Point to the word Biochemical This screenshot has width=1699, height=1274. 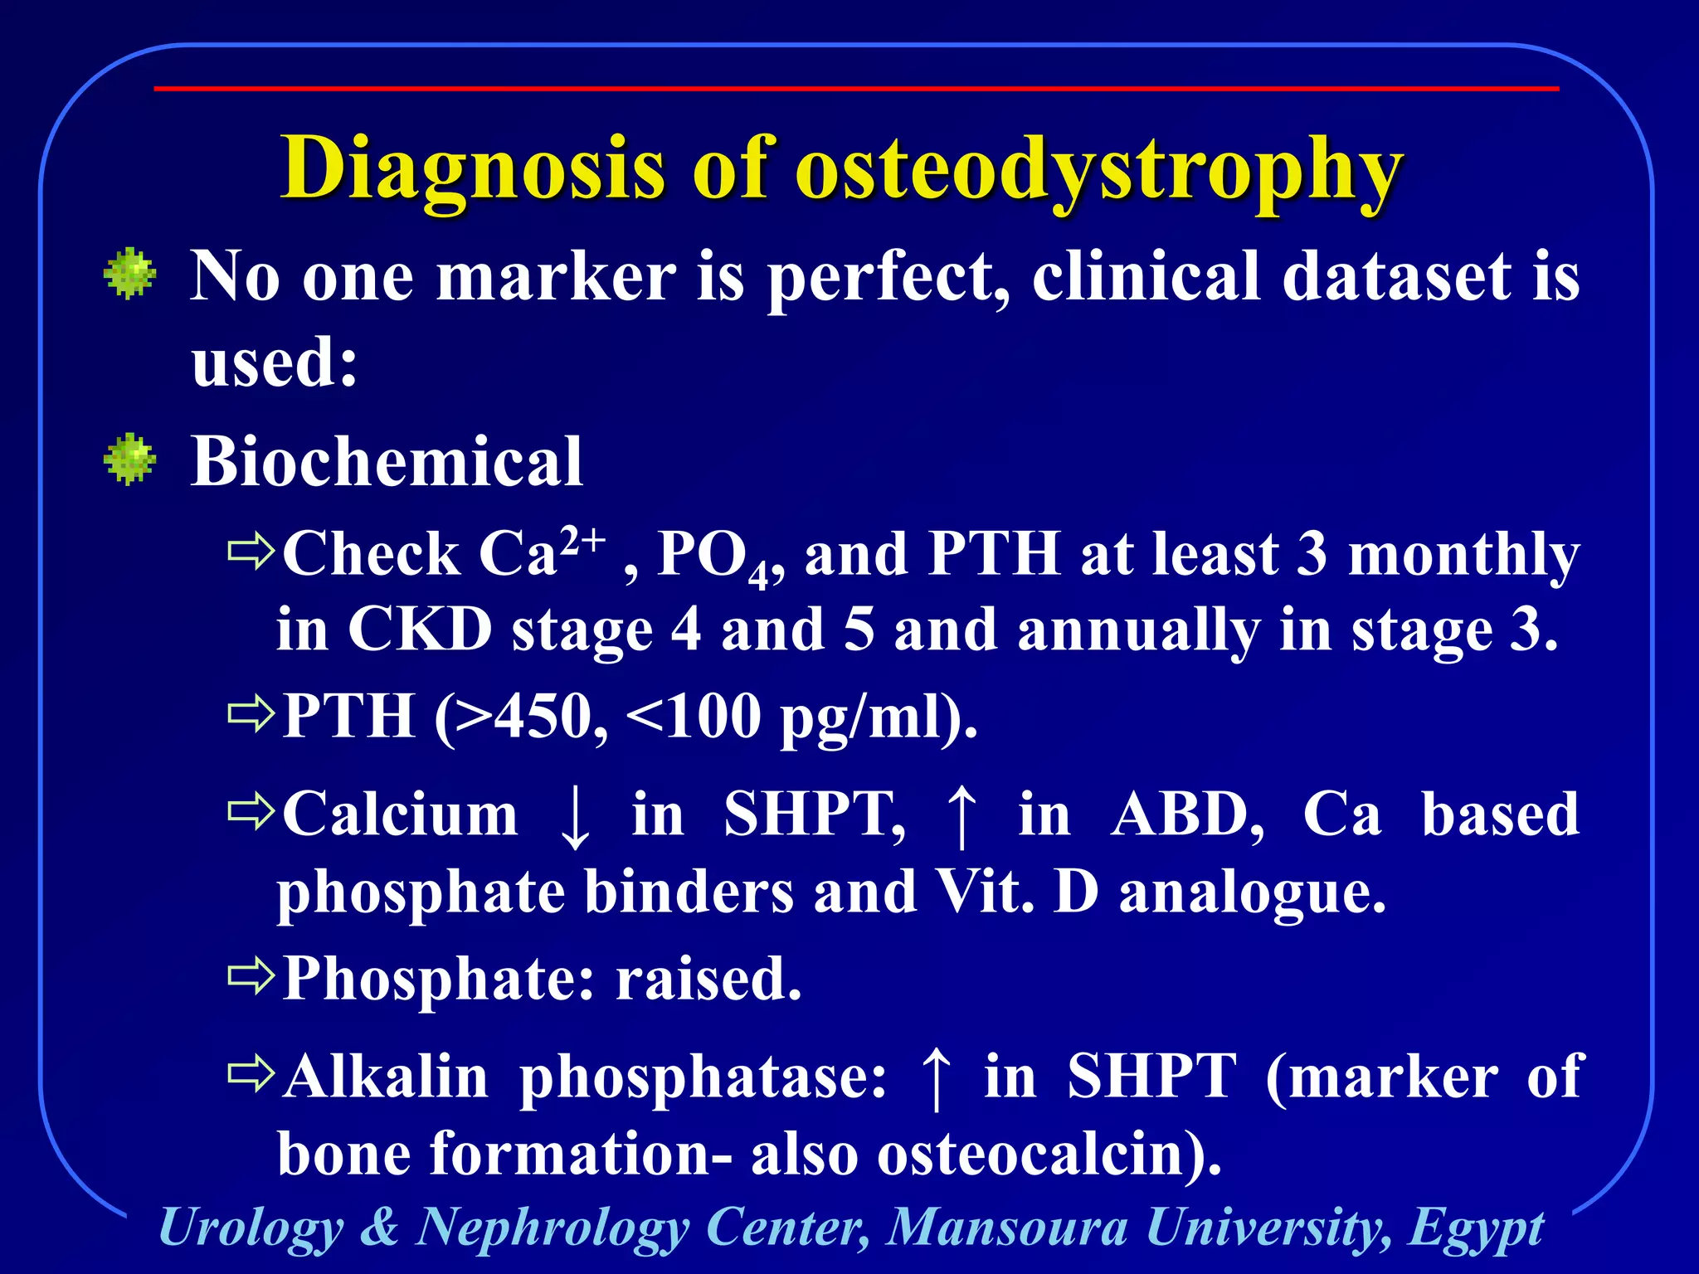387,461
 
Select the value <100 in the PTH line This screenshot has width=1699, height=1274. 694,716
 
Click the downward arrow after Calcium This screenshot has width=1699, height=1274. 575,817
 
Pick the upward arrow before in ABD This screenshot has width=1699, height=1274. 961,817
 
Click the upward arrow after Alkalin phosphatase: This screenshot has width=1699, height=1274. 936,1078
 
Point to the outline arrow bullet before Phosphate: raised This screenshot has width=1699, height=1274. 251,976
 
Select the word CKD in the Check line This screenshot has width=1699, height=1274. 420,630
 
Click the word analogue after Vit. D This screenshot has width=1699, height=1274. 1252,894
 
